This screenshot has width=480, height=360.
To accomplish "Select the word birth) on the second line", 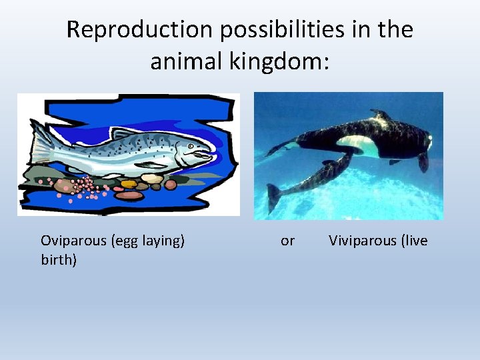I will (x=59, y=260).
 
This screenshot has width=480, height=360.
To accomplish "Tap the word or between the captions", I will (x=287, y=241).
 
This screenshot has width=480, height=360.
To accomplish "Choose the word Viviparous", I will (x=362, y=241).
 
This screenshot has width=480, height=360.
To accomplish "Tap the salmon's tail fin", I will (x=40, y=142).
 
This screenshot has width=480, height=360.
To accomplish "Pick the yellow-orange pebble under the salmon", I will (x=129, y=183).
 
